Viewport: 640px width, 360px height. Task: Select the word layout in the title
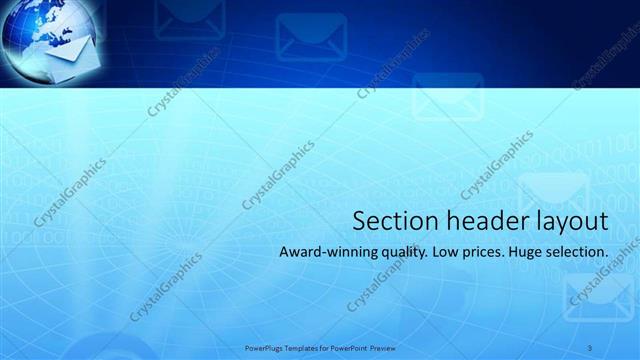pos(570,221)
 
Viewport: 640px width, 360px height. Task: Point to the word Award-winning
pos(327,253)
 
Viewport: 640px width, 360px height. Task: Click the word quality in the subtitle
pos(403,254)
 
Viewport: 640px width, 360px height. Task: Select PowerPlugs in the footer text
pos(263,348)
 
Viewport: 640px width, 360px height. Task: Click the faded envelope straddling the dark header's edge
pos(448,92)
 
